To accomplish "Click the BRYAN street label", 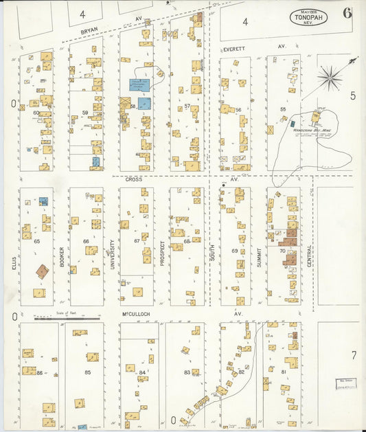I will click(90, 31).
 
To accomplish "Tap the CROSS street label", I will click(133, 179).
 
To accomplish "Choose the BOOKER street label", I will click(62, 255).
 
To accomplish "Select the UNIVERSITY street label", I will click(112, 253).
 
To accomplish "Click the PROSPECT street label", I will click(162, 253).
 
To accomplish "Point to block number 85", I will click(88, 372).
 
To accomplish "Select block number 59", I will click(85, 112).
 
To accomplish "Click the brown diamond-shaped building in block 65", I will click(42, 271).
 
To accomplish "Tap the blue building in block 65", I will click(43, 201).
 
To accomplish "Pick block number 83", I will click(187, 372).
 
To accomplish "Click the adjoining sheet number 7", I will click(354, 355).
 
